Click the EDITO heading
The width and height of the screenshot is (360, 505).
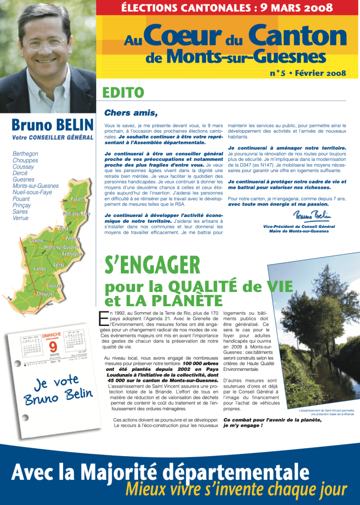pyautogui.click(x=123, y=93)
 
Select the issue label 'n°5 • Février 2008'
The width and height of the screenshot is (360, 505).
pyautogui.click(x=308, y=73)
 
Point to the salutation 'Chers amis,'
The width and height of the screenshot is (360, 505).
pyautogui.click(x=131, y=113)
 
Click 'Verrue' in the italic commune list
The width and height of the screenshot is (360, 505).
pyautogui.click(x=20, y=218)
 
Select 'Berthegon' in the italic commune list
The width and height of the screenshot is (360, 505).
pyautogui.click(x=25, y=154)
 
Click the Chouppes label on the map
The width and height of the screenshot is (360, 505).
pyautogui.click(x=45, y=294)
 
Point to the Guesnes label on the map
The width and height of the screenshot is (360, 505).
pyautogui.click(x=38, y=240)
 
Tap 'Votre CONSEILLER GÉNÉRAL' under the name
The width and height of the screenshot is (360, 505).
pyautogui.click(x=53, y=137)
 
